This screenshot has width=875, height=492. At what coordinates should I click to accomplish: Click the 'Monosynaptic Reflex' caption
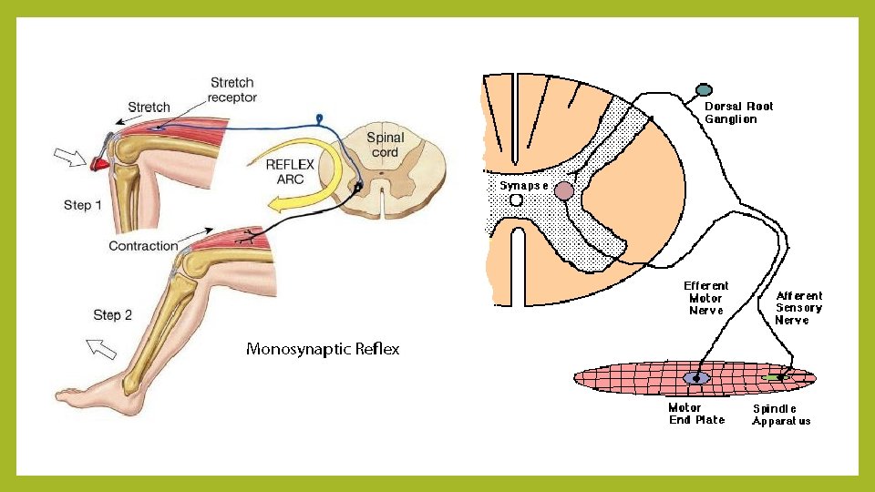tap(323, 349)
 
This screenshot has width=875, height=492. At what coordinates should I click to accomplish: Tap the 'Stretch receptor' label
tap(232, 89)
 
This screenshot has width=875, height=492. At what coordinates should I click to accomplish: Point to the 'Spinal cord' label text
tap(386, 145)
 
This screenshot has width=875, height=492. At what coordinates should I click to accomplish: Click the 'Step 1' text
tap(83, 205)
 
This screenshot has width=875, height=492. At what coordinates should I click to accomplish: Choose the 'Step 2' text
tap(113, 315)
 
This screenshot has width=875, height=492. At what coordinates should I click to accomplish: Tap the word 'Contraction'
tap(143, 246)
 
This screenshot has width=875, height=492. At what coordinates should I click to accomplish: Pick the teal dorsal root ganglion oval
tap(704, 90)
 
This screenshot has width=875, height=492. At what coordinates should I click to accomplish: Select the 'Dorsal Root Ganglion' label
tap(738, 112)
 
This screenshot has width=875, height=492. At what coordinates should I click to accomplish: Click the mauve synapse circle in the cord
tap(564, 190)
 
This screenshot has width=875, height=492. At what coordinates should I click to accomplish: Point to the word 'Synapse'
tap(524, 185)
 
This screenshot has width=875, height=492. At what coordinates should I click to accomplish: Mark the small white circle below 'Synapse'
tap(516, 200)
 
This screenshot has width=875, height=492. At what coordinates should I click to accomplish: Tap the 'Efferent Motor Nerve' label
tap(706, 298)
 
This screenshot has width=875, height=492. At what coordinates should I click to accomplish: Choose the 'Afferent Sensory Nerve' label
tap(798, 307)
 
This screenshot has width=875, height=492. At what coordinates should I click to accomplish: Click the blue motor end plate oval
tap(696, 377)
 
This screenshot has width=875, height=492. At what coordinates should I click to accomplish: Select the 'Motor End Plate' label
tap(696, 414)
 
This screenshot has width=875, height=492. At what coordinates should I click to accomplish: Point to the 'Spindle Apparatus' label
tap(780, 415)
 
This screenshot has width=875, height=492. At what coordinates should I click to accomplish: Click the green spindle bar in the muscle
tap(773, 376)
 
